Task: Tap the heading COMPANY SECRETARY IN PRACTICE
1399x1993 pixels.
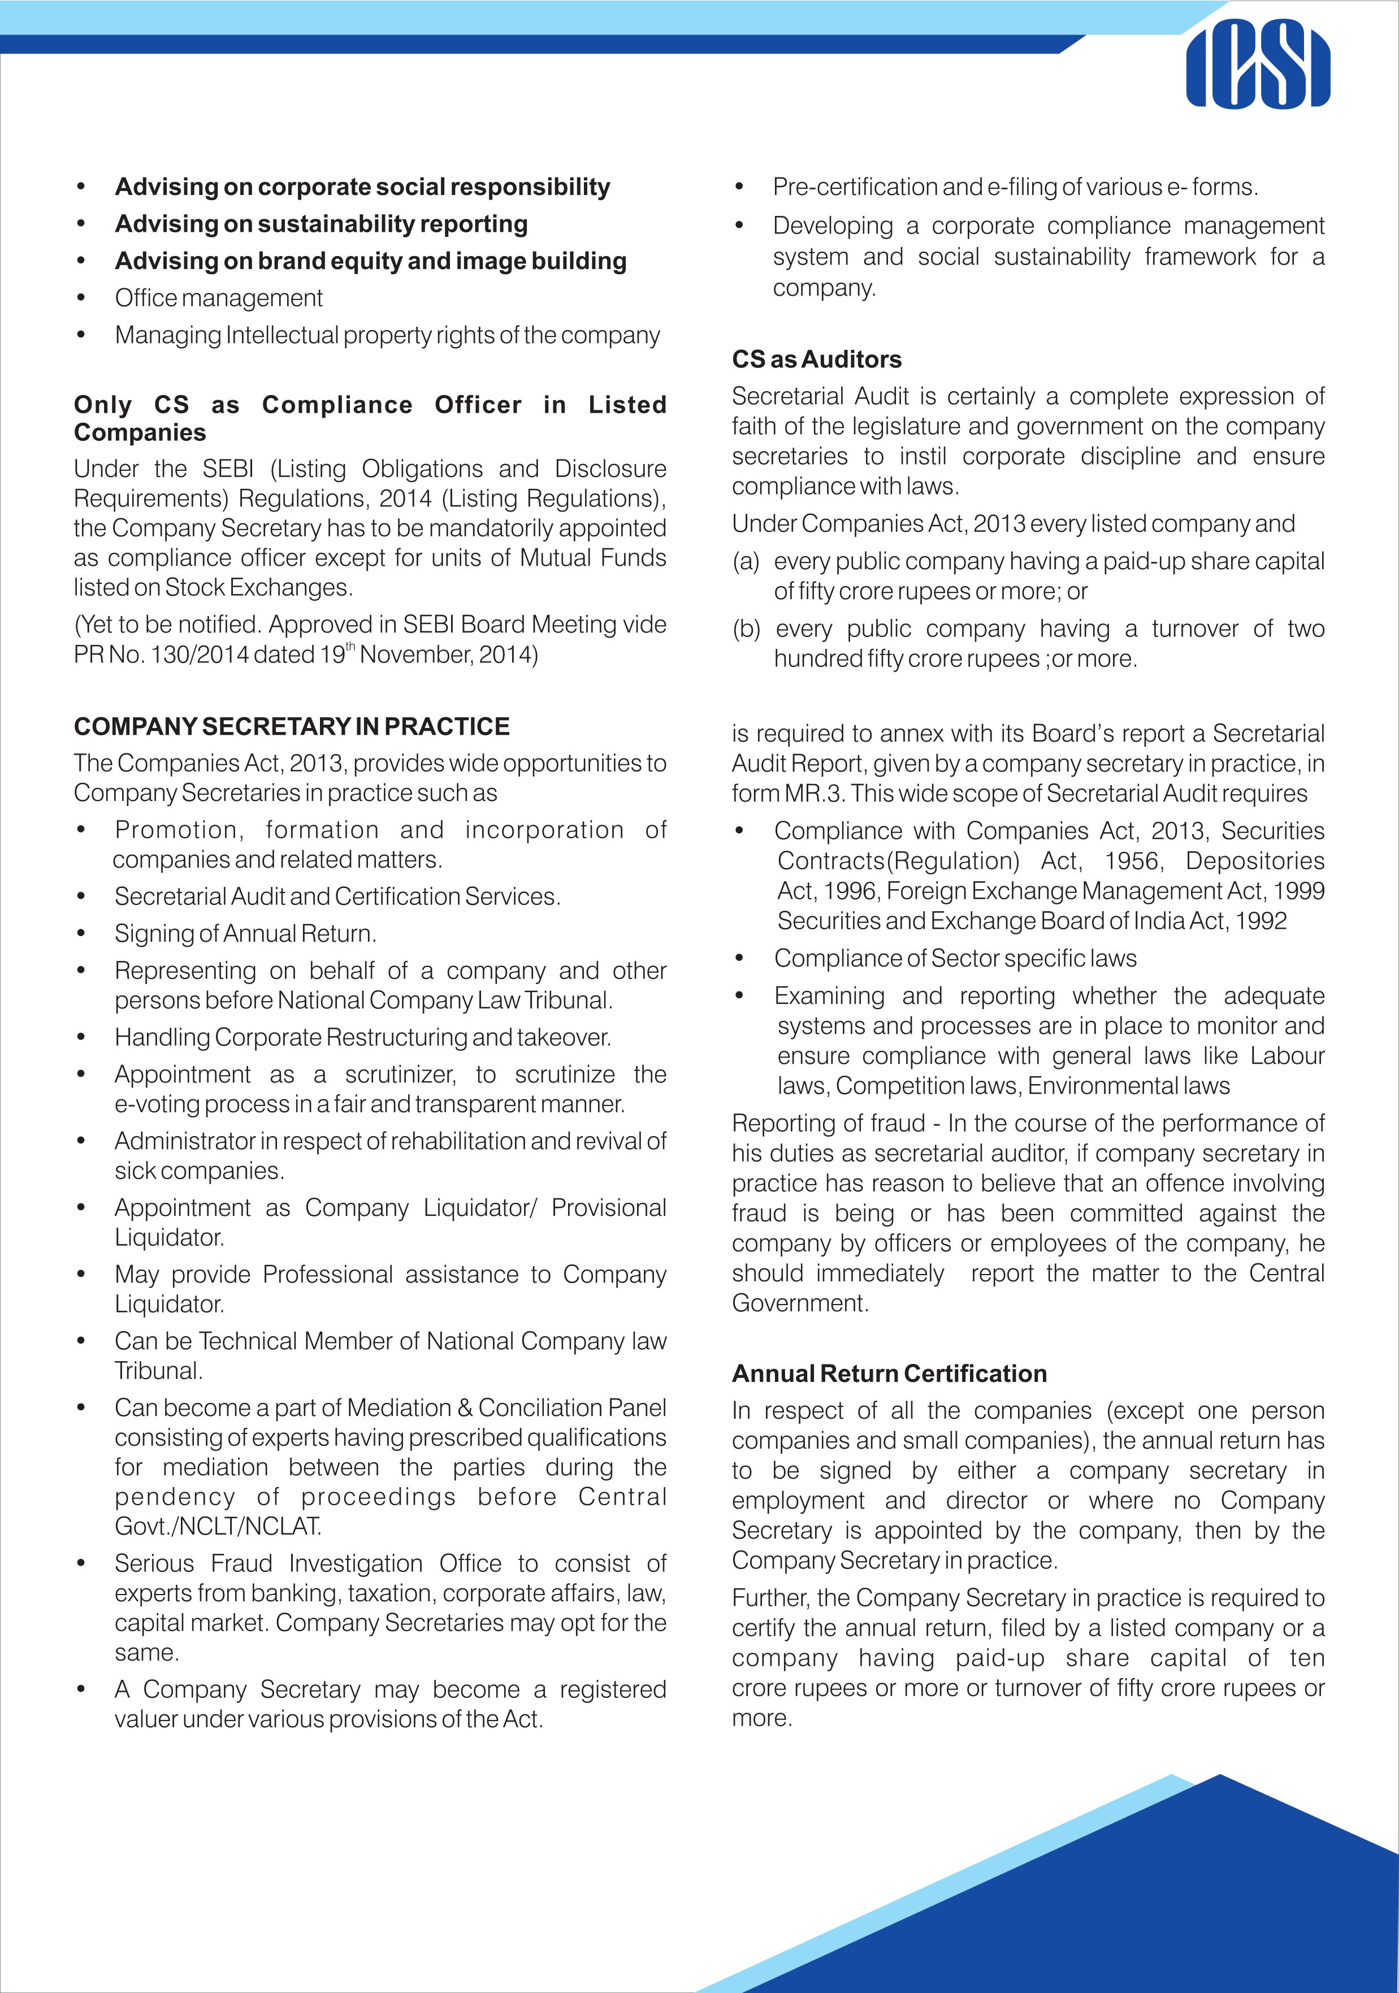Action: (x=292, y=726)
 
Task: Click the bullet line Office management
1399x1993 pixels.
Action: (x=219, y=298)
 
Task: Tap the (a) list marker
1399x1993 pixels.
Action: (x=746, y=562)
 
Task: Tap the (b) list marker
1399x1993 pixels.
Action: (x=746, y=629)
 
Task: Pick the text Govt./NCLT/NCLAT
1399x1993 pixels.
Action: (x=218, y=1526)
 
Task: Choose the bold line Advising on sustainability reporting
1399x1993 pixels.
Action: (x=321, y=224)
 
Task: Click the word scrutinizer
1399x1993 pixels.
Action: (x=399, y=1075)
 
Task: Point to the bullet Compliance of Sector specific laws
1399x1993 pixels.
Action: (x=955, y=958)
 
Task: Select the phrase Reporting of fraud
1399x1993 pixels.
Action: (x=828, y=1123)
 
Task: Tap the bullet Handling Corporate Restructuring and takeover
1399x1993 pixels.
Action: (x=363, y=1037)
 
